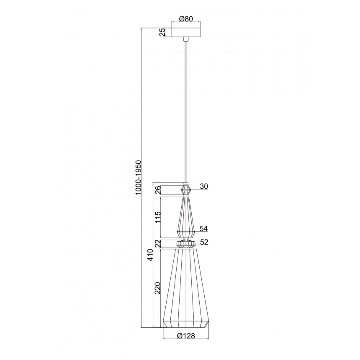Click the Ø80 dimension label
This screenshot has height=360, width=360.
click(185, 19)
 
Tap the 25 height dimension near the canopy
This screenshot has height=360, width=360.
click(162, 32)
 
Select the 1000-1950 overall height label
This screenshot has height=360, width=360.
click(139, 178)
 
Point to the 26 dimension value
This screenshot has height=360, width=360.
click(157, 190)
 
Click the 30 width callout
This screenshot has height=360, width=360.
click(203, 186)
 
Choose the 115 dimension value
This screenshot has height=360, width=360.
click(157, 217)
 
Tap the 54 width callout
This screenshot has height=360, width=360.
click(203, 229)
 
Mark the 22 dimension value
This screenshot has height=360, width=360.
click(157, 244)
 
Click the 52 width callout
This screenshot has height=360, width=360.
click(204, 242)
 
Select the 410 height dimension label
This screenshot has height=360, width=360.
click(150, 255)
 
